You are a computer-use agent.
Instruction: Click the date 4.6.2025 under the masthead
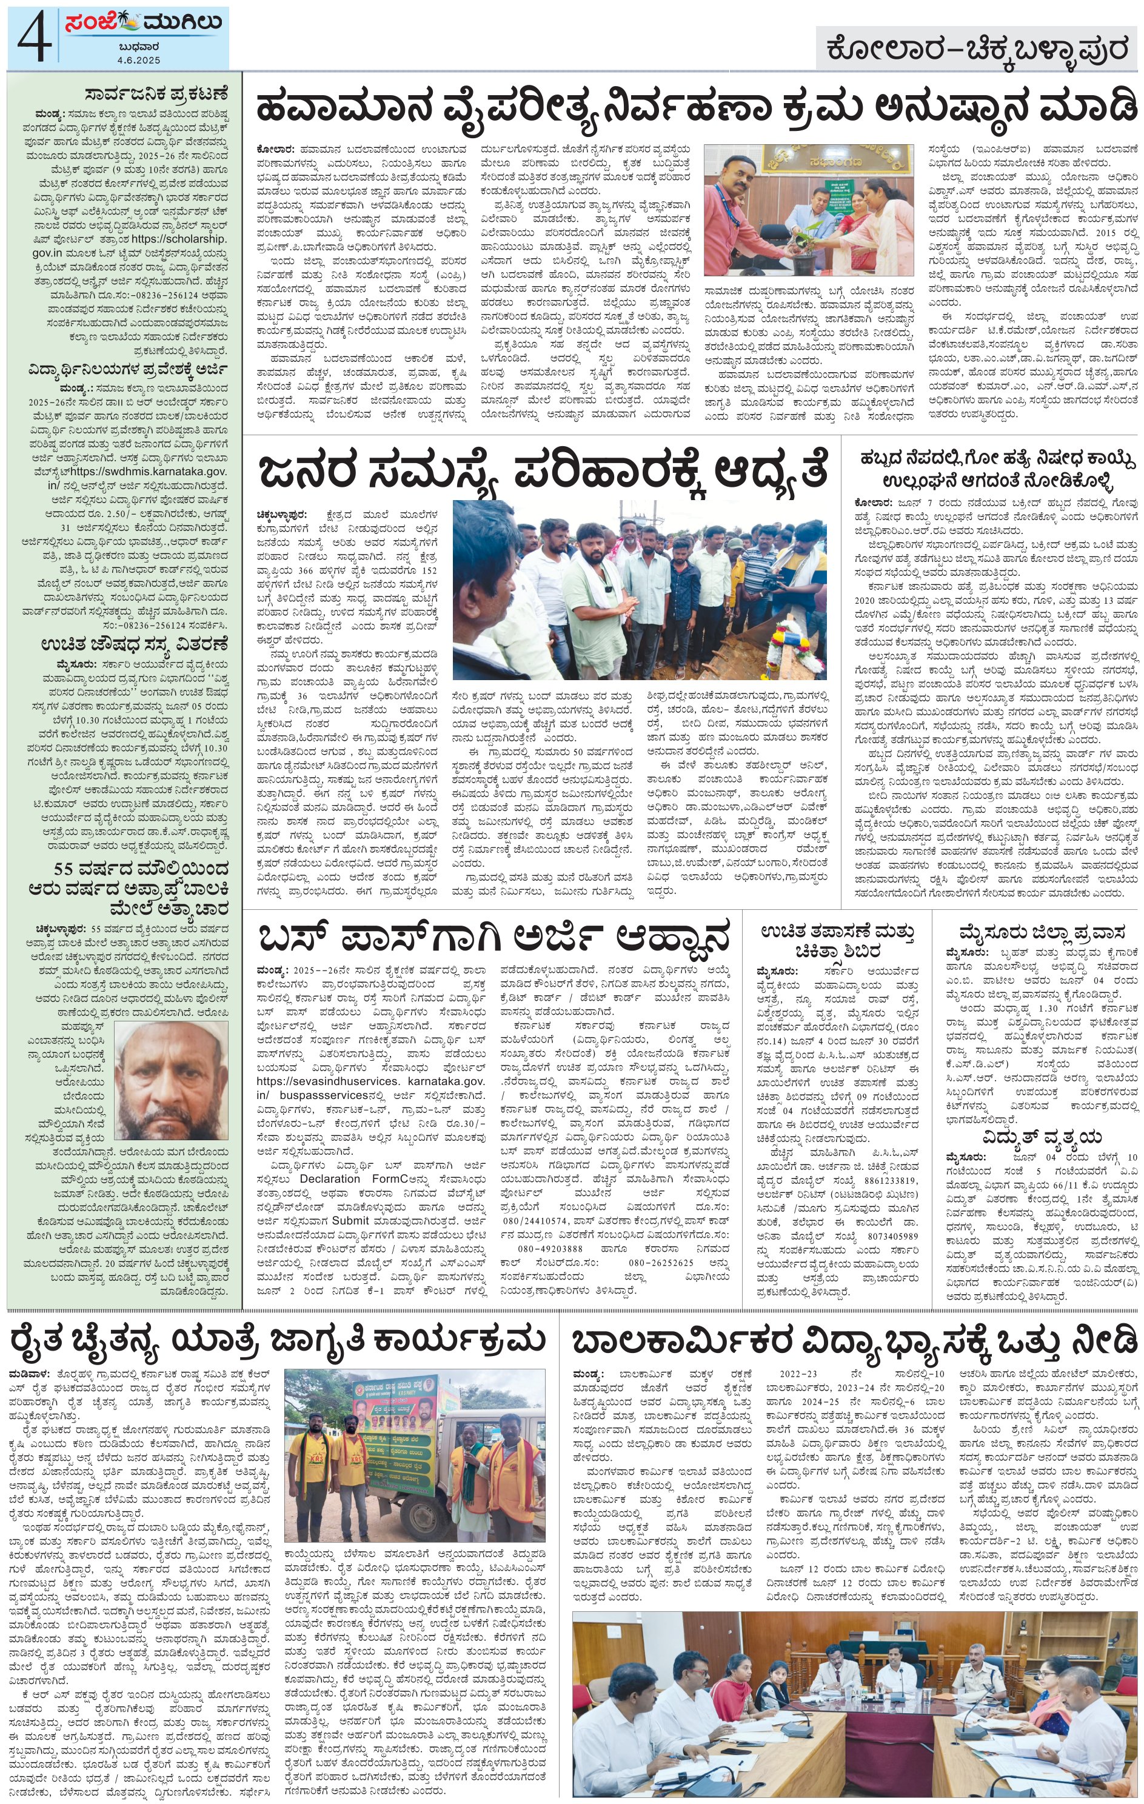point(139,59)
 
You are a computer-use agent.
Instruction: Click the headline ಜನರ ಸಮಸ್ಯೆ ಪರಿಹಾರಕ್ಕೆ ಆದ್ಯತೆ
point(543,472)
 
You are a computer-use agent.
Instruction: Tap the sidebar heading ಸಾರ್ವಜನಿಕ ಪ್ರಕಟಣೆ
point(155,95)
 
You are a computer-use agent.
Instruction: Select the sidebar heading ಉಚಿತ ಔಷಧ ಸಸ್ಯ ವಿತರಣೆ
point(134,644)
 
